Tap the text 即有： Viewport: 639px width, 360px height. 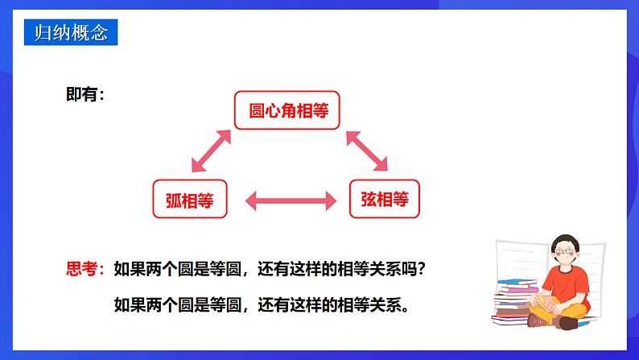click(x=85, y=95)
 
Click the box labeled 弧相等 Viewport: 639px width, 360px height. click(x=190, y=199)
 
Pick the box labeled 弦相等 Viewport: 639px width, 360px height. click(x=385, y=199)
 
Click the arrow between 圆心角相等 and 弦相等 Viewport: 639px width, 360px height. click(x=367, y=151)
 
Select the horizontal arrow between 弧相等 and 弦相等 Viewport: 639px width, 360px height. click(x=289, y=201)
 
